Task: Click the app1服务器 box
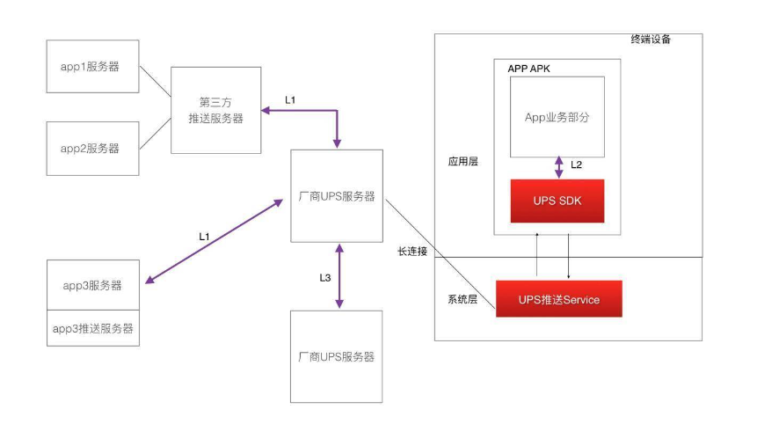[x=92, y=67]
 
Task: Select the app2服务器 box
[x=92, y=148]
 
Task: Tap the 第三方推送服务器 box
[x=215, y=110]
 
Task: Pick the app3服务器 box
[x=92, y=285]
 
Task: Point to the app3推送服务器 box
[x=92, y=328]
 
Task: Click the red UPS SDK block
[x=557, y=201]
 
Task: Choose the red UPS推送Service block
[x=558, y=299]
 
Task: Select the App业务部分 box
[x=557, y=116]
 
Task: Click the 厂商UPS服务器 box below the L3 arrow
[x=336, y=356]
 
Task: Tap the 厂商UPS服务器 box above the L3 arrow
[x=336, y=195]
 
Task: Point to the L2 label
[x=576, y=164]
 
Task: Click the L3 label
[x=324, y=278]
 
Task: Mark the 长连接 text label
[x=411, y=252]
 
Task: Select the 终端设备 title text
[x=651, y=40]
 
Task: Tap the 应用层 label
[x=462, y=162]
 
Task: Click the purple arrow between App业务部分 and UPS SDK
[x=559, y=167]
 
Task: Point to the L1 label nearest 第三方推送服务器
[x=291, y=99]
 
